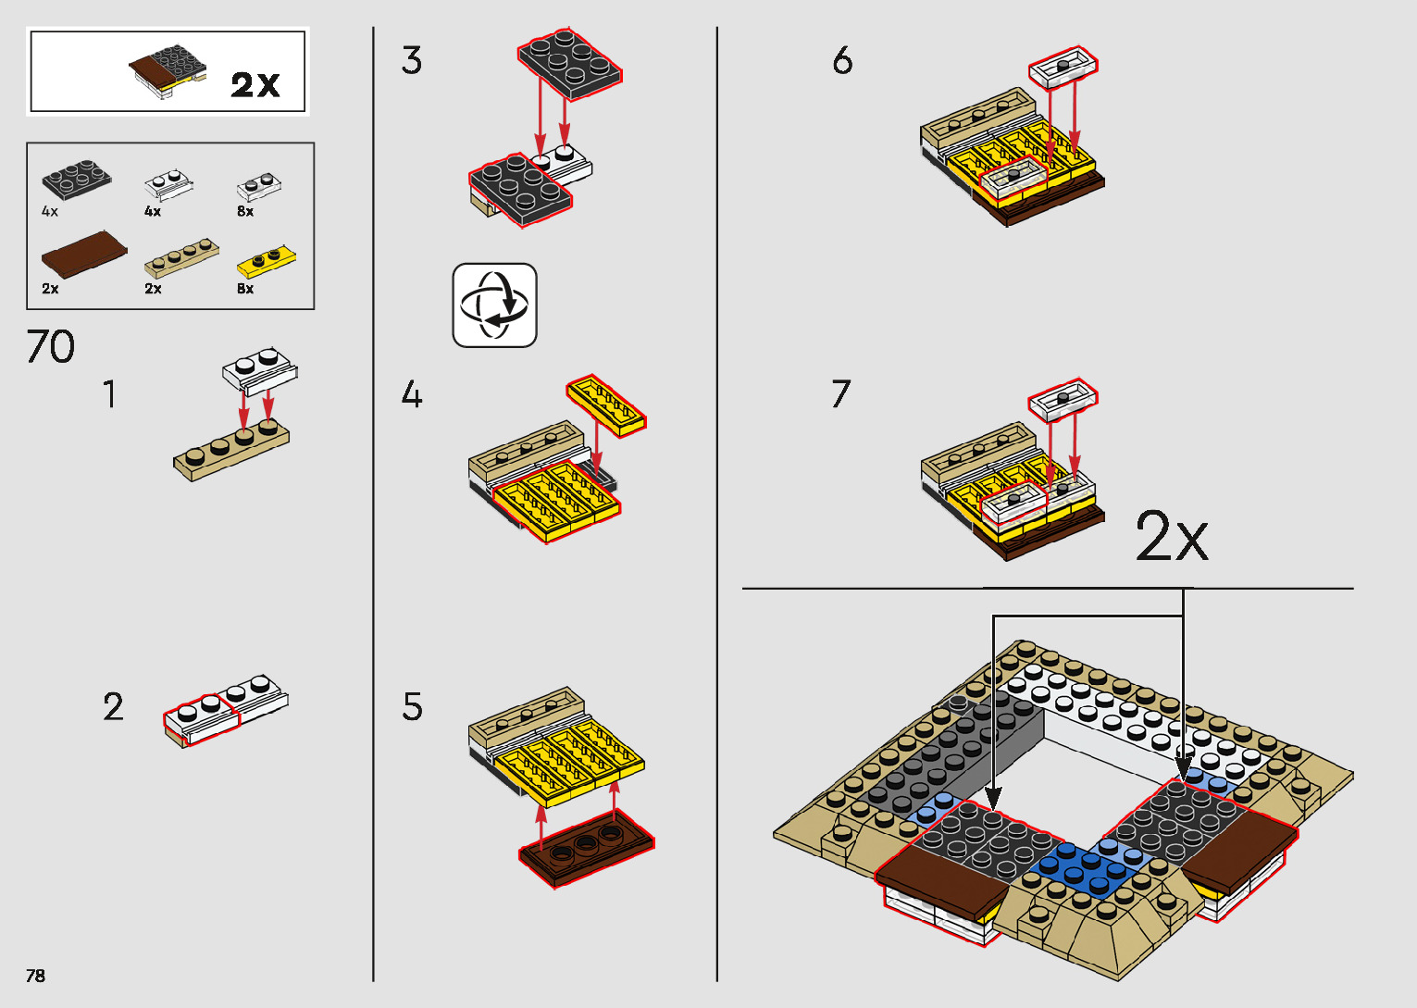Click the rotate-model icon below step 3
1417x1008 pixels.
[494, 305]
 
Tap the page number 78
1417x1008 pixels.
[36, 976]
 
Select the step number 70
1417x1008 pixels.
[51, 347]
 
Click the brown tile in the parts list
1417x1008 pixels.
[84, 254]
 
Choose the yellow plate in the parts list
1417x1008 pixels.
[267, 263]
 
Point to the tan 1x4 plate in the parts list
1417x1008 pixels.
[182, 259]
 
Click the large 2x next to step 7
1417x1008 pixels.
[1172, 537]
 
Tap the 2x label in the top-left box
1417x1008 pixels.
[255, 85]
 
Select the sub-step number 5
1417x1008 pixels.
[413, 707]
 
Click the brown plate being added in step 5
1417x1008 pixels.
[586, 850]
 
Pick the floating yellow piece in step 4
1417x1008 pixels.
[606, 405]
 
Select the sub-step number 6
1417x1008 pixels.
[842, 61]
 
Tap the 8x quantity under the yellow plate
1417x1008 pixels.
[245, 289]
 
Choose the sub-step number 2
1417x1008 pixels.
[113, 707]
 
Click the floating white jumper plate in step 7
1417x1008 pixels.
[1063, 400]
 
